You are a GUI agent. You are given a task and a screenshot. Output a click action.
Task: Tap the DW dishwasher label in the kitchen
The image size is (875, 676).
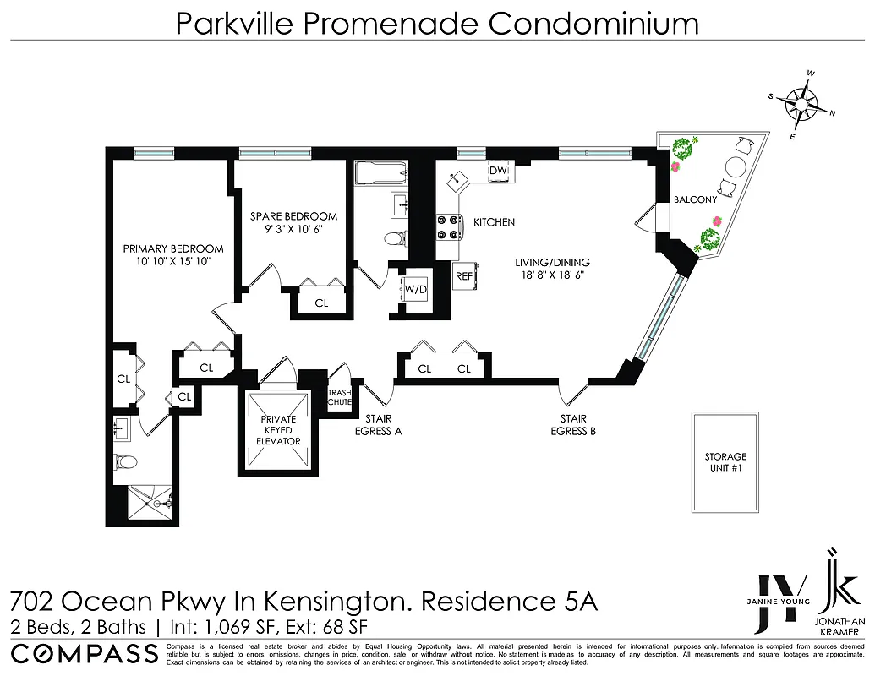click(498, 171)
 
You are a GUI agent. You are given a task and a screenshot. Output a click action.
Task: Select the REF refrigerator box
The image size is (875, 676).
click(464, 275)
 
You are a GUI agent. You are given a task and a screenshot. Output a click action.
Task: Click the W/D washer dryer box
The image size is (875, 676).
click(415, 290)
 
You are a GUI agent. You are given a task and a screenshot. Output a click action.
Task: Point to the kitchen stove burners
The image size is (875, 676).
click(447, 227)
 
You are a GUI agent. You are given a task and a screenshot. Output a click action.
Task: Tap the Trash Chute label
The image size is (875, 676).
click(339, 397)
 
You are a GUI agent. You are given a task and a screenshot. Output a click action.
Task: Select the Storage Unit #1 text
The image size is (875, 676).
click(725, 463)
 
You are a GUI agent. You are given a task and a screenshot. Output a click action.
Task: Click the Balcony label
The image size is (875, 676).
click(694, 200)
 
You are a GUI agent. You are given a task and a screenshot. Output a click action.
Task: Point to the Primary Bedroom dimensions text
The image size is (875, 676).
click(173, 263)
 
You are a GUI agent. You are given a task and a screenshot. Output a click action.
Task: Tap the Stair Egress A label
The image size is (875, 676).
click(377, 425)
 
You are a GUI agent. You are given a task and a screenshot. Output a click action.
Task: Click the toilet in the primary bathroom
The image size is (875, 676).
click(127, 461)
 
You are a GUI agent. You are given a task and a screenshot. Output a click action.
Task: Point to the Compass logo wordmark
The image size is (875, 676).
click(85, 653)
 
